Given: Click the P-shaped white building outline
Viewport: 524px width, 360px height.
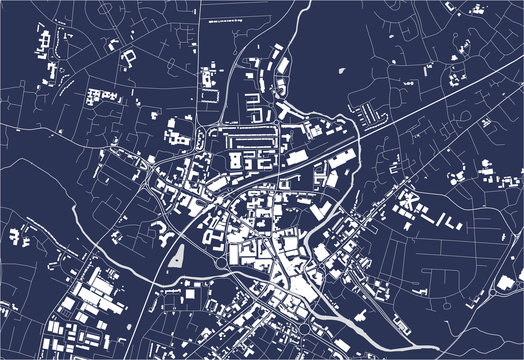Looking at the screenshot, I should pyautogui.click(x=129, y=57).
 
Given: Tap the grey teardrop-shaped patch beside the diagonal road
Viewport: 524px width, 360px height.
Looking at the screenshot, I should pyautogui.click(x=177, y=254).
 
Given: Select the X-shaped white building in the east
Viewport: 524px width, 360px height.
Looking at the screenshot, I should pyautogui.click(x=407, y=204).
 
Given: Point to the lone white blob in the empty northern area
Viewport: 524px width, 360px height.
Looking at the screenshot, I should pyautogui.click(x=342, y=72).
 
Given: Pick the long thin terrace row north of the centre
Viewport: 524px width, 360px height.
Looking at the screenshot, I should pyautogui.click(x=250, y=130).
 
